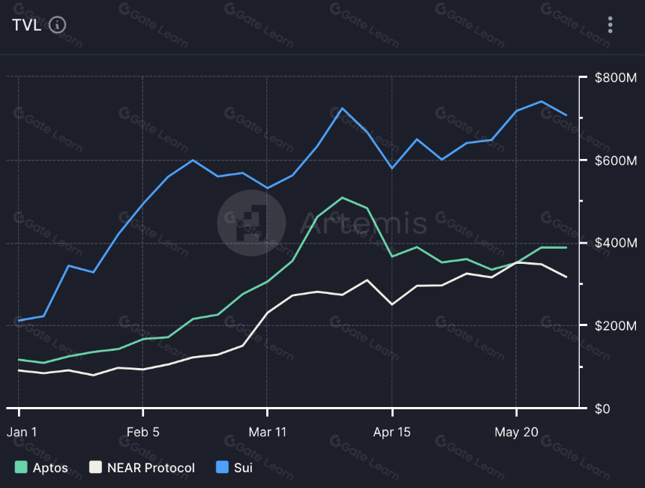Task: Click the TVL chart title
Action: pyautogui.click(x=27, y=25)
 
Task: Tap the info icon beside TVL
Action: pyautogui.click(x=57, y=25)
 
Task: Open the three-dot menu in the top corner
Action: pyautogui.click(x=610, y=25)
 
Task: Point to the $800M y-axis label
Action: pyautogui.click(x=616, y=77)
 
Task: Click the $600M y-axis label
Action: pyautogui.click(x=616, y=160)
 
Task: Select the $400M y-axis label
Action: pyautogui.click(x=616, y=243)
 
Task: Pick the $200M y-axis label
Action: pyautogui.click(x=616, y=325)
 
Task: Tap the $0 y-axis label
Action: pyautogui.click(x=602, y=409)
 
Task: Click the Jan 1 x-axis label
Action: pyautogui.click(x=22, y=432)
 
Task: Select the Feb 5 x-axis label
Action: pyautogui.click(x=142, y=432)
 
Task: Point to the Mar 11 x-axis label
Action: pyautogui.click(x=268, y=432)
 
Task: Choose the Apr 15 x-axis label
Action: pyautogui.click(x=391, y=432)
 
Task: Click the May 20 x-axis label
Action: pyautogui.click(x=516, y=432)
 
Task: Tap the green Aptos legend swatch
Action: pyautogui.click(x=21, y=467)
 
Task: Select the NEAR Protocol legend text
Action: pyautogui.click(x=151, y=468)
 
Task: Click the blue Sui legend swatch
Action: pyautogui.click(x=222, y=467)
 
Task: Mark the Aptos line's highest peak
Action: pyautogui.click(x=342, y=198)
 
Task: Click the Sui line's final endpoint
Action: pyautogui.click(x=566, y=115)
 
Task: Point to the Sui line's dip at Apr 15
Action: pyautogui.click(x=391, y=168)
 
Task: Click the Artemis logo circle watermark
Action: pyautogui.click(x=251, y=223)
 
